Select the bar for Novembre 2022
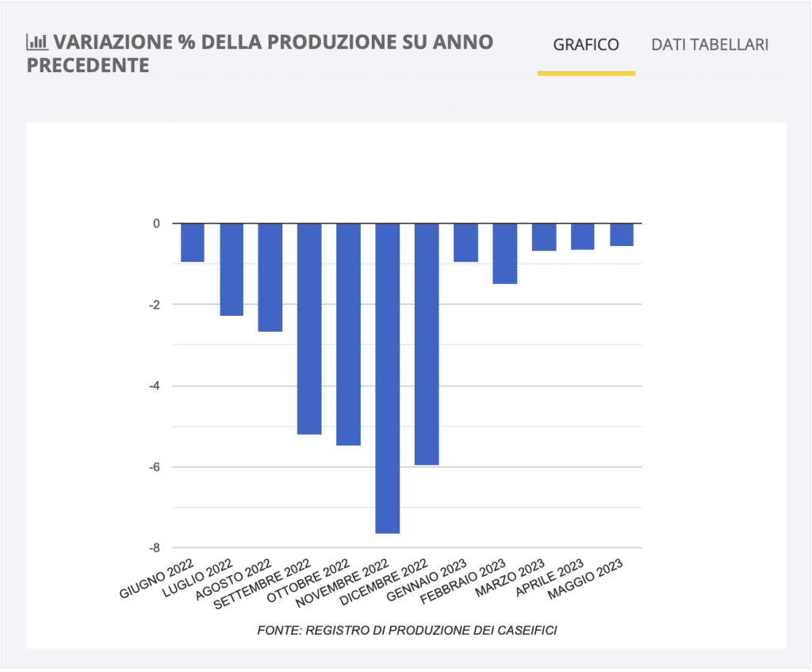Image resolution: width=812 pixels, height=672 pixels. coord(387,378)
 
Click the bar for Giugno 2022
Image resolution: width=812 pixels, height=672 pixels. coord(193,242)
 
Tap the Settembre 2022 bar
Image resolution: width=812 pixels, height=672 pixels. coord(309,328)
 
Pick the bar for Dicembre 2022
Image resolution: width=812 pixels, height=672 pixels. coord(427,344)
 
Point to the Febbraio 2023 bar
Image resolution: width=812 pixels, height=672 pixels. coord(505,253)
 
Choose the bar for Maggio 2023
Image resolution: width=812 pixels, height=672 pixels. coord(622,235)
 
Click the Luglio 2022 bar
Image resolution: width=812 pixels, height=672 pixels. coord(232,269)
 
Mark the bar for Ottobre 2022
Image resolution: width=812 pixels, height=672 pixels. coord(348,334)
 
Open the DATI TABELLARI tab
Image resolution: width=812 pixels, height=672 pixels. coord(710,44)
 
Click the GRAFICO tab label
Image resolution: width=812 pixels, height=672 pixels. coord(586,44)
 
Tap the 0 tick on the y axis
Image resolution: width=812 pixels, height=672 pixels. coord(156,224)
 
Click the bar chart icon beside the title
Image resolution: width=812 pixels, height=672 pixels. coord(36,42)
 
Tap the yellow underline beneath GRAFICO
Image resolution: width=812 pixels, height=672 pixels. coord(586,73)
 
